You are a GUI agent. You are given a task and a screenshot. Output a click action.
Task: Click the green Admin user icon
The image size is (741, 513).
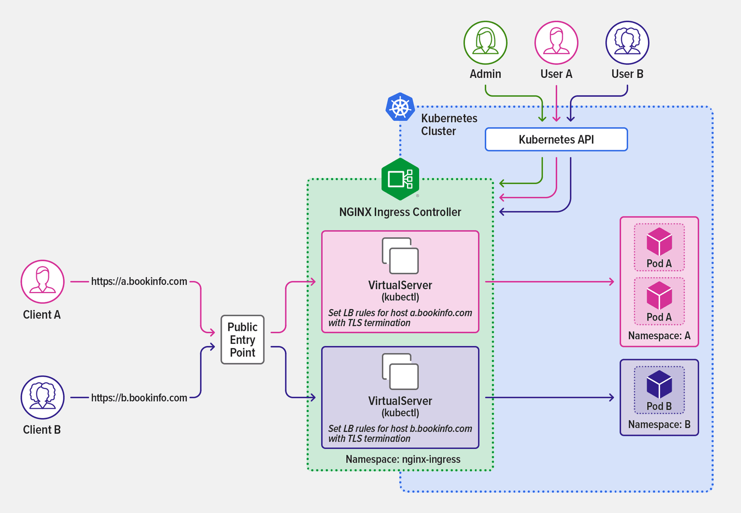coord(485,43)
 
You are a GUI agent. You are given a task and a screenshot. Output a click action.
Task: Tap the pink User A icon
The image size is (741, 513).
coord(556,43)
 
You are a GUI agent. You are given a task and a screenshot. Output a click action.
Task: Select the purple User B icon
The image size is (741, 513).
coord(627,43)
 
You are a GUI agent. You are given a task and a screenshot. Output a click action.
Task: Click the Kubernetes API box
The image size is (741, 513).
coord(556,139)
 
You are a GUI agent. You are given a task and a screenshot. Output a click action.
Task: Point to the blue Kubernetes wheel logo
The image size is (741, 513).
coord(400,107)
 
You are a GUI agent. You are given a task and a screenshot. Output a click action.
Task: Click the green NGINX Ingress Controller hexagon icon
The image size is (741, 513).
coord(400,179)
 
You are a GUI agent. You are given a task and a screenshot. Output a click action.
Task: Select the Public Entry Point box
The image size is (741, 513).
coord(242,340)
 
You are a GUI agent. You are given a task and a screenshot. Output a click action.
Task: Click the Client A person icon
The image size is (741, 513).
coord(43,282)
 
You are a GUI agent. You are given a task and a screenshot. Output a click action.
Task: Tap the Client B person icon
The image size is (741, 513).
coord(43,397)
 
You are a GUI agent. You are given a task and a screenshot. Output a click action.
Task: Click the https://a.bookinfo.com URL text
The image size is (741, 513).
coord(139,281)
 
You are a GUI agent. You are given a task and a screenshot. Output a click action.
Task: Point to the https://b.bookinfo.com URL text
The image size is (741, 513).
coord(139,398)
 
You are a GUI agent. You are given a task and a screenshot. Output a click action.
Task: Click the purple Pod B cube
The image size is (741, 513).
coord(659,384)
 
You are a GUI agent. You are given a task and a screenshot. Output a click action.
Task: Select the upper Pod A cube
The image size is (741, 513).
coord(659,241)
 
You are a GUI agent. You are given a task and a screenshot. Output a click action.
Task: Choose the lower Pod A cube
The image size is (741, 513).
coord(659,295)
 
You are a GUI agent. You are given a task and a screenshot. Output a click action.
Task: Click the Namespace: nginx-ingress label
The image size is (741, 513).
coord(403,459)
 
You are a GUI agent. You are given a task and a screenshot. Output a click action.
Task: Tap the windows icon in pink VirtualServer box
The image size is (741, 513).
coord(400,256)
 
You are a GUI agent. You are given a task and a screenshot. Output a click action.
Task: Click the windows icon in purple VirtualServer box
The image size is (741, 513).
coord(400,372)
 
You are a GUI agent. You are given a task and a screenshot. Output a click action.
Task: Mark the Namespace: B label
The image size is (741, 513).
coord(659,424)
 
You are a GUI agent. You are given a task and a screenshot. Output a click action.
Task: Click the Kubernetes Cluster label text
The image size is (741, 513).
coord(448,125)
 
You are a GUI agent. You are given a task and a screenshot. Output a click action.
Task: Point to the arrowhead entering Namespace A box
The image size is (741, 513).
coord(611,281)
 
